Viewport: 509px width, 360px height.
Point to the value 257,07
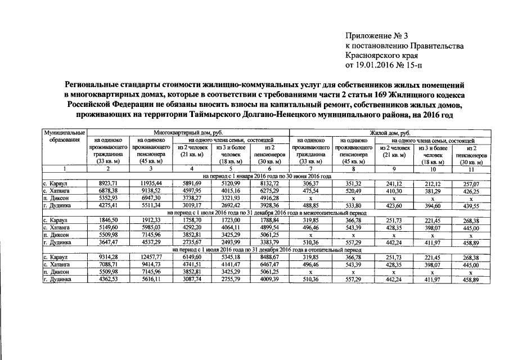tap(471, 183)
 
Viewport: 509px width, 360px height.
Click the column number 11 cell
tap(471, 169)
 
